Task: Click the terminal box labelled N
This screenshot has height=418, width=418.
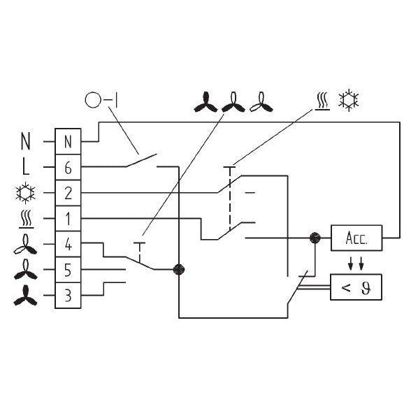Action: click(x=68, y=141)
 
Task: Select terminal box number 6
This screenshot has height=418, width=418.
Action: click(x=68, y=167)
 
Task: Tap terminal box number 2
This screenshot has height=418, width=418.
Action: click(x=68, y=193)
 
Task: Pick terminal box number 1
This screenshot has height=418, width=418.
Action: click(x=68, y=218)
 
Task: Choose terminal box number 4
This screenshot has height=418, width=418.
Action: click(x=68, y=244)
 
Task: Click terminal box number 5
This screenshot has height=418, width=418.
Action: click(x=68, y=270)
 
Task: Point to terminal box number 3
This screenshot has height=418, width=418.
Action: click(x=68, y=296)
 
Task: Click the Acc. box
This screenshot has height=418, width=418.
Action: click(x=356, y=238)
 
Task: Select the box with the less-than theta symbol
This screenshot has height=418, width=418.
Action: click(x=356, y=287)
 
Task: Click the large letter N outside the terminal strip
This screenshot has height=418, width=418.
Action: click(x=26, y=141)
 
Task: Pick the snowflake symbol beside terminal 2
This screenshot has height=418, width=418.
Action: click(x=25, y=193)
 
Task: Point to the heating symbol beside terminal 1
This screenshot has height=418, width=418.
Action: click(x=26, y=219)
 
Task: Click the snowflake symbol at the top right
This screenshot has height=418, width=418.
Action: click(x=348, y=101)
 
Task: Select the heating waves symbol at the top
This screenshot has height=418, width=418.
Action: click(x=323, y=101)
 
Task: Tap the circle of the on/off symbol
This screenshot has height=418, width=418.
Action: click(x=93, y=100)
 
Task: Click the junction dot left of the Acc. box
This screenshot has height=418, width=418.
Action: click(x=315, y=238)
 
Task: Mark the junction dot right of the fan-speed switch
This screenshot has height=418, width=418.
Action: click(x=178, y=269)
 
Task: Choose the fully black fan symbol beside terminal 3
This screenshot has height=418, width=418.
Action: click(x=25, y=296)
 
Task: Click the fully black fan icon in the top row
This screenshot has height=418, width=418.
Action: click(x=206, y=102)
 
